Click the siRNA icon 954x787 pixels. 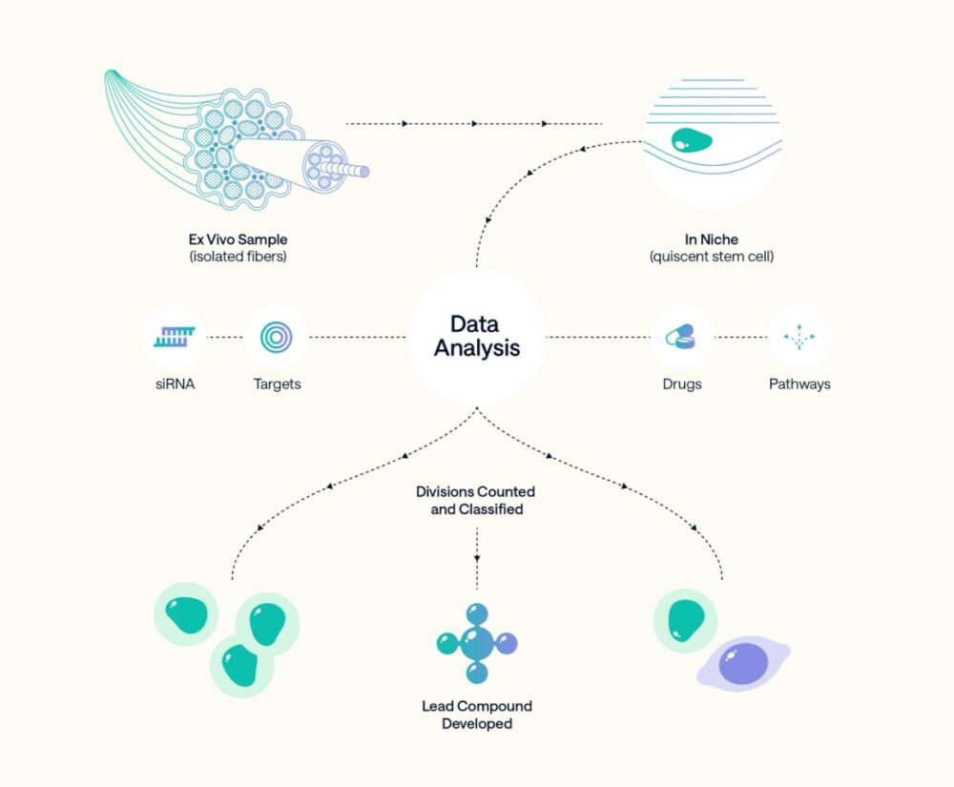pyautogui.click(x=175, y=336)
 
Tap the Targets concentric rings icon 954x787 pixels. pyautogui.click(x=277, y=337)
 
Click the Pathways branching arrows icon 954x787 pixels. pyautogui.click(x=799, y=337)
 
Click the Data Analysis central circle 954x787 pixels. pyautogui.click(x=477, y=336)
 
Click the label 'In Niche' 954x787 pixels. pyautogui.click(x=711, y=239)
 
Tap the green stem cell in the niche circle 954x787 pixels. pyautogui.click(x=691, y=141)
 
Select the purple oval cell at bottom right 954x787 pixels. pyautogui.click(x=743, y=664)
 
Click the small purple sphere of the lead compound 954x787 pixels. pyautogui.click(x=506, y=642)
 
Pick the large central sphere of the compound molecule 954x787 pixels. pyautogui.click(x=476, y=643)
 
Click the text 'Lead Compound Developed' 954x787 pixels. pyautogui.click(x=477, y=715)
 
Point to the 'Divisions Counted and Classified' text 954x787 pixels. pyautogui.click(x=476, y=501)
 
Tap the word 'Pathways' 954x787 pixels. pyautogui.click(x=799, y=384)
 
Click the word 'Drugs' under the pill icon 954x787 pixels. pyautogui.click(x=681, y=384)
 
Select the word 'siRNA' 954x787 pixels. pyautogui.click(x=175, y=384)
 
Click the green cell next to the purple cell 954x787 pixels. pyautogui.click(x=684, y=620)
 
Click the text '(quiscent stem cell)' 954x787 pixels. pyautogui.click(x=711, y=256)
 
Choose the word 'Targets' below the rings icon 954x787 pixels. pyautogui.click(x=277, y=384)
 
